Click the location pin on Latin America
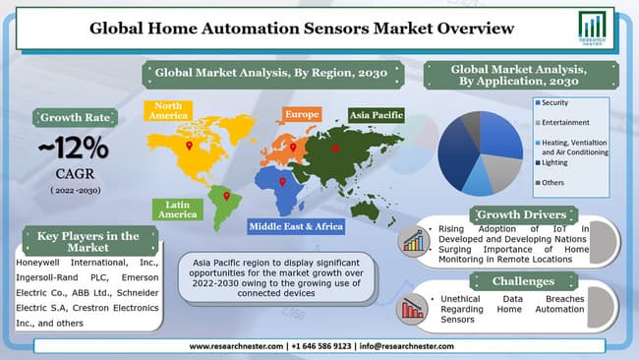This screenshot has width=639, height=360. point(227,195)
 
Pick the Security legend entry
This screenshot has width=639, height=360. point(558,102)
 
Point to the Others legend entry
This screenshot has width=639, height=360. point(555,183)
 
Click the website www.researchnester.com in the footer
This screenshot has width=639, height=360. point(236,346)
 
